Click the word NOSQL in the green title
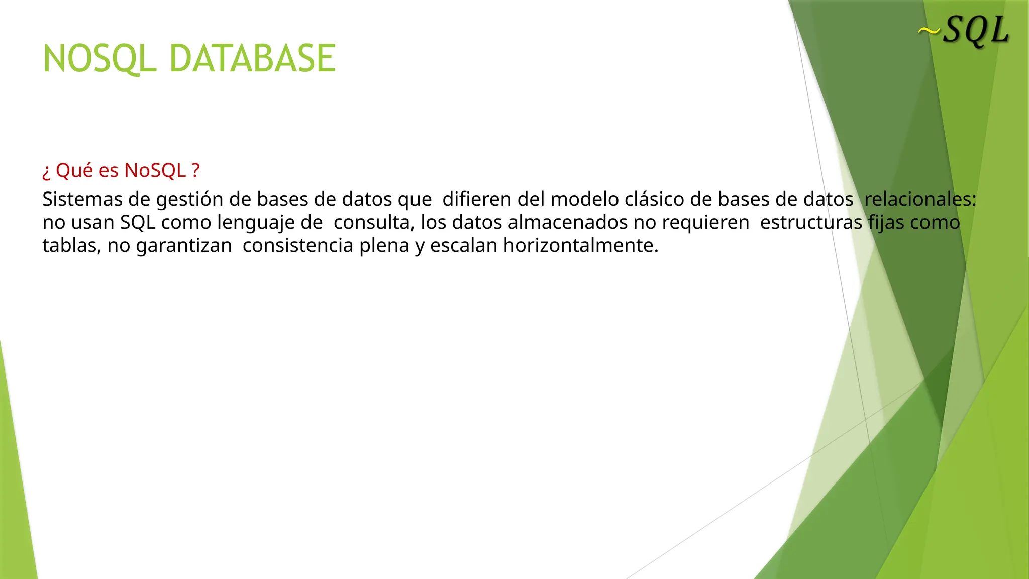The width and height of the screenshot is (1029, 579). pos(99,59)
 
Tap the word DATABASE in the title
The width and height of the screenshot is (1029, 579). pos(252,59)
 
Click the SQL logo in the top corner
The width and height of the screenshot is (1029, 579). pos(976,31)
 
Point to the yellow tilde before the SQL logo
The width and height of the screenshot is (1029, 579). pos(929,31)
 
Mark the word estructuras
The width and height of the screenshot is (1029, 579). pos(811,222)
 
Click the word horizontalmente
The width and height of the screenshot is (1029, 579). pos(580,246)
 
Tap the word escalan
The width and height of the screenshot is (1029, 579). pos(463,246)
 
